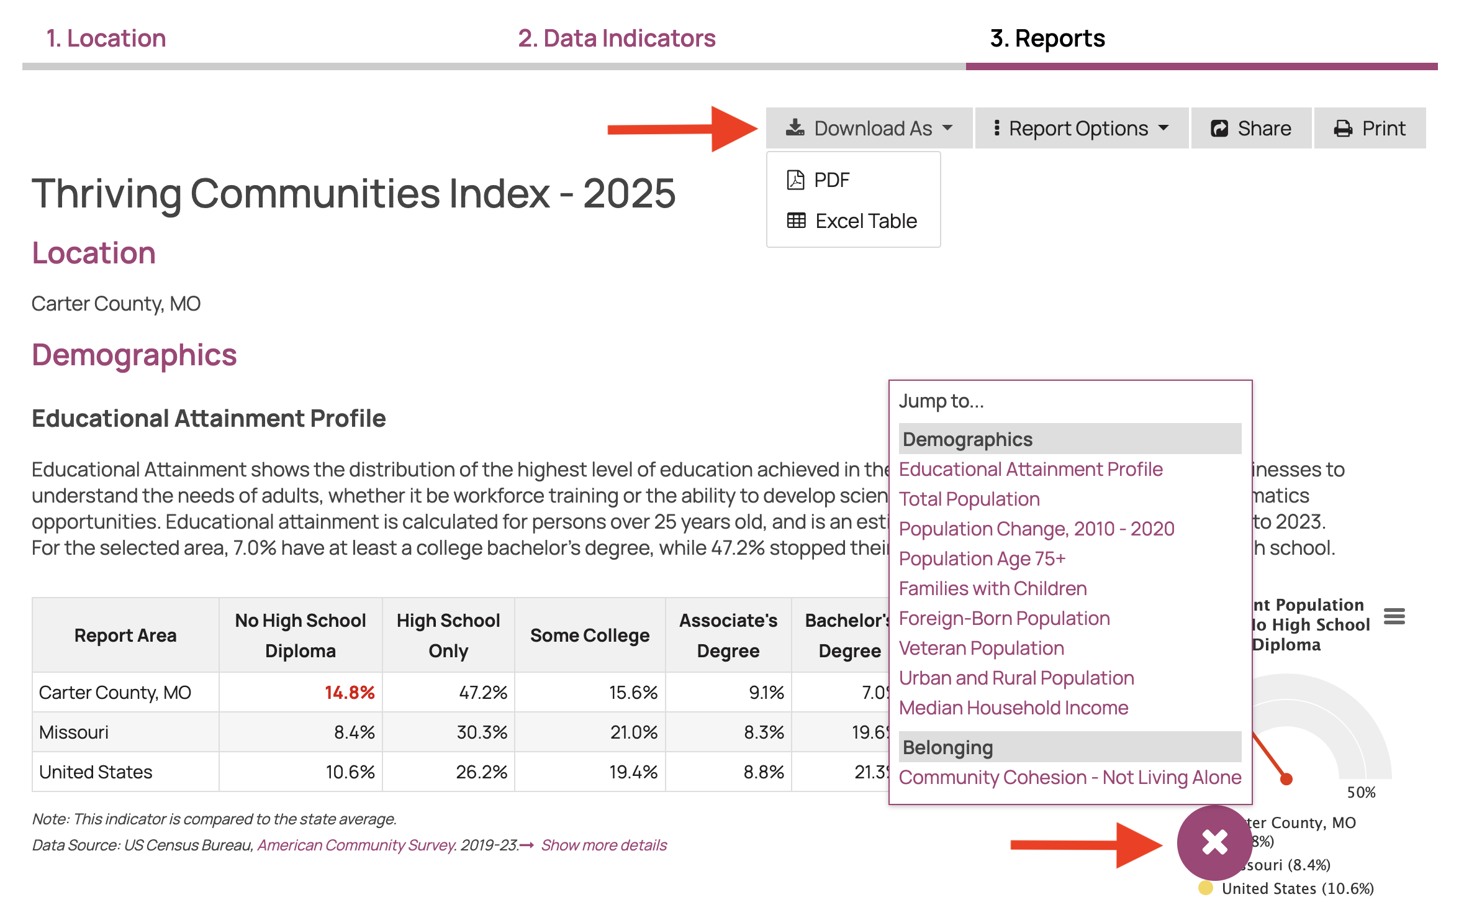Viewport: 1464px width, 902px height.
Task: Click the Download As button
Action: pos(869,128)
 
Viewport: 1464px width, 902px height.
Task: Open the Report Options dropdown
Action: pos(1081,128)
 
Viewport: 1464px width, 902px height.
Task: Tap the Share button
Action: pos(1251,128)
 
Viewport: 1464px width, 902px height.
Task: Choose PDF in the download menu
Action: pos(831,180)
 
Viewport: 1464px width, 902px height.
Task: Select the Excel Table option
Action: pos(865,221)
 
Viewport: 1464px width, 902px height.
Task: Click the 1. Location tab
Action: pos(106,39)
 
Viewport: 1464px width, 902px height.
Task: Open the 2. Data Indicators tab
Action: pos(617,39)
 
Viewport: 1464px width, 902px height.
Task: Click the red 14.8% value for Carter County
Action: pos(350,693)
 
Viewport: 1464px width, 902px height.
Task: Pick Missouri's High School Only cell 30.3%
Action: pos(482,732)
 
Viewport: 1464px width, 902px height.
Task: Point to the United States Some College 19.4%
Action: pos(633,772)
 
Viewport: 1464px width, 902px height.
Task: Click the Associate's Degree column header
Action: pos(728,635)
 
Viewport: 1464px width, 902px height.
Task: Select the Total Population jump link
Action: pos(969,499)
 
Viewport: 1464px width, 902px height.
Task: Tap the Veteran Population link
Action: pos(981,648)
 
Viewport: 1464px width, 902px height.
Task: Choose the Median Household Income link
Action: pos(1013,708)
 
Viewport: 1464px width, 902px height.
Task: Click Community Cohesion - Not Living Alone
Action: pos(1070,777)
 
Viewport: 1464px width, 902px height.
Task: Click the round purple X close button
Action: pos(1214,842)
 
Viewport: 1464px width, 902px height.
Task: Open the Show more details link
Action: pos(603,845)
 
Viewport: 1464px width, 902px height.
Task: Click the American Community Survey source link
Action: pos(356,845)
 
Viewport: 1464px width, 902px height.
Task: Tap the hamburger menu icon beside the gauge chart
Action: pos(1394,617)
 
